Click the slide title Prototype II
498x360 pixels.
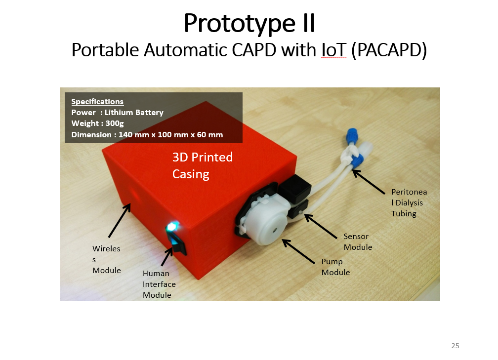(249, 24)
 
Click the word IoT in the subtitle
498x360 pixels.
(333, 50)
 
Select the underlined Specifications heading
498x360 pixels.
(97, 102)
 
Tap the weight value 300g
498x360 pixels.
(115, 123)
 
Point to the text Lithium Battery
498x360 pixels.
(134, 113)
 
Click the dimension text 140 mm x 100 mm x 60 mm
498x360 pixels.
(171, 135)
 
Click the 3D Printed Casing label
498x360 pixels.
(203, 165)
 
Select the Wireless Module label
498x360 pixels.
(106, 259)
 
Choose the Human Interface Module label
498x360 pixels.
(159, 284)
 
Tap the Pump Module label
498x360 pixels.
(336, 267)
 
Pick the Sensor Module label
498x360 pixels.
(358, 241)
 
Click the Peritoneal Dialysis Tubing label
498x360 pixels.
(409, 202)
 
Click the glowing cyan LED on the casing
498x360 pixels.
(172, 227)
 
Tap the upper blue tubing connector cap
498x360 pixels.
(352, 135)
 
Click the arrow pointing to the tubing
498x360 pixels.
(369, 182)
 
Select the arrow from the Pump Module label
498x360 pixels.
(298, 251)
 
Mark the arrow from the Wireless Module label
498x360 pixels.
(120, 220)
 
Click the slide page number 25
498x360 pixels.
(455, 346)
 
